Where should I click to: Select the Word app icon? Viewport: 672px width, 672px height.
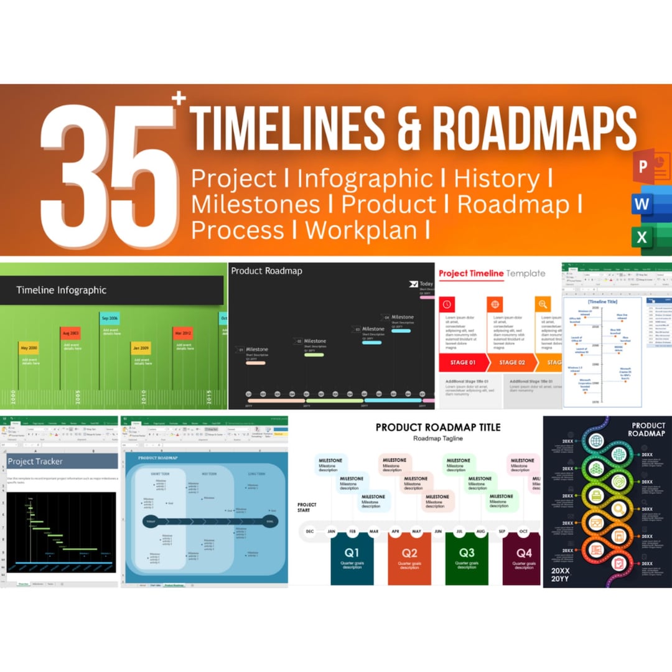[643, 203]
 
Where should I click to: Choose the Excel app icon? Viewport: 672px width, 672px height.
[643, 237]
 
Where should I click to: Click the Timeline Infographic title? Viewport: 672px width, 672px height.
[61, 290]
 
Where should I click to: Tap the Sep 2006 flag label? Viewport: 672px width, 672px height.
[110, 318]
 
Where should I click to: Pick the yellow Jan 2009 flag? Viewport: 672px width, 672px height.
[140, 348]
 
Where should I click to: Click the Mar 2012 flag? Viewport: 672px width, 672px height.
[182, 333]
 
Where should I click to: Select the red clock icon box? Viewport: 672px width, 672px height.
[447, 304]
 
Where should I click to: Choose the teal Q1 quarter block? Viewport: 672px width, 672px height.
[352, 559]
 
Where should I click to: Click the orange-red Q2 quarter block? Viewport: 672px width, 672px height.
[409, 559]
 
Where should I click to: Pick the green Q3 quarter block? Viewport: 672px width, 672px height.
[466, 559]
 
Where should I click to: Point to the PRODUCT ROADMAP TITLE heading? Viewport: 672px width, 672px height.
[437, 427]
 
